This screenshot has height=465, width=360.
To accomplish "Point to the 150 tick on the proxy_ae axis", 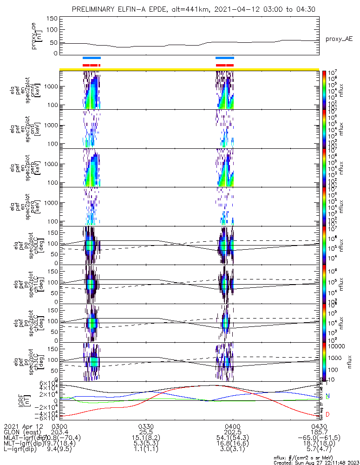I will (52, 19).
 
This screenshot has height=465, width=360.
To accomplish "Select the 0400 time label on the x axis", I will (232, 426).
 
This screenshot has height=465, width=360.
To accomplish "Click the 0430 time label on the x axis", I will (319, 426).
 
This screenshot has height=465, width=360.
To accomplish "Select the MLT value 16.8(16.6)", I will (232, 445).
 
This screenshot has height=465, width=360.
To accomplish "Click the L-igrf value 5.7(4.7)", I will (319, 452).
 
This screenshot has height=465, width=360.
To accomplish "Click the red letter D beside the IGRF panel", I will (328, 414).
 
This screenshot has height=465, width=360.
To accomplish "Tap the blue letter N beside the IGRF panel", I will (328, 396).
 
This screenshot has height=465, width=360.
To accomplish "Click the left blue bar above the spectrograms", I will (92, 58).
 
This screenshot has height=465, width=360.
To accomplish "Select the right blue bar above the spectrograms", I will (225, 58).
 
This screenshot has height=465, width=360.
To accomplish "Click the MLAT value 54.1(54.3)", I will (232, 439).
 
